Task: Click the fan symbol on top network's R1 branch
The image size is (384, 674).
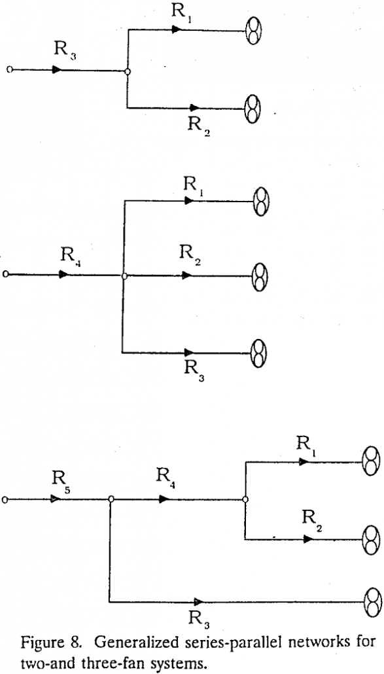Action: click(252, 31)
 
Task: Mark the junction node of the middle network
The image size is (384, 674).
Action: click(124, 276)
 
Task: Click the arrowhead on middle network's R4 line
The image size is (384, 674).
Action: click(63, 275)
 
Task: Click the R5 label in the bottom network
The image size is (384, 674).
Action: click(58, 482)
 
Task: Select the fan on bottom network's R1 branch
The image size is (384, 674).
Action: click(371, 462)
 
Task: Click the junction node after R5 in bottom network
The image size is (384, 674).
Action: click(111, 499)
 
